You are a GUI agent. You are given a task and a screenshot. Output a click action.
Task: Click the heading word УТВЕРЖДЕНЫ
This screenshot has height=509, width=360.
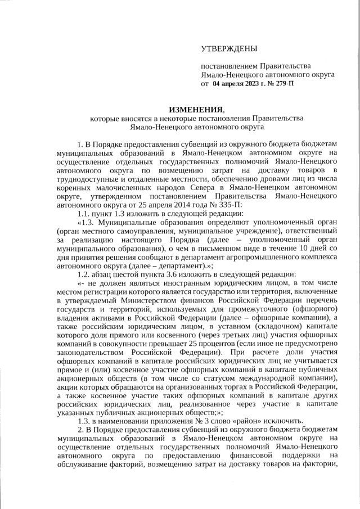tap(229, 49)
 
